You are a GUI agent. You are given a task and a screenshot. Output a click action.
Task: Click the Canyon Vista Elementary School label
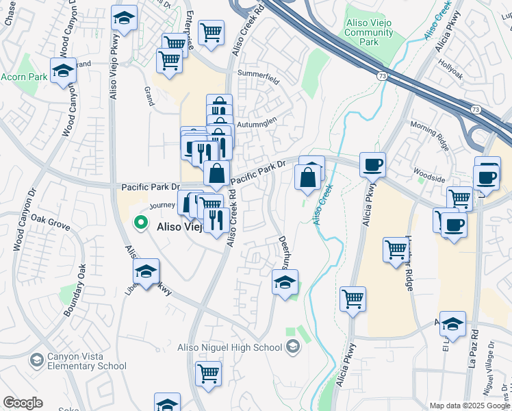pos(86,361)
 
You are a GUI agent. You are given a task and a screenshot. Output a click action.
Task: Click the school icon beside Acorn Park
pos(63,71)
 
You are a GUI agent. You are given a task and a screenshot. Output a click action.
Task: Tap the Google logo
pos(23,403)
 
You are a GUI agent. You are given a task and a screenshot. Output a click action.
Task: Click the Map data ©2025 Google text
pos(470,406)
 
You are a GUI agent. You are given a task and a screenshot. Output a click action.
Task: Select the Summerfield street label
pos(258,73)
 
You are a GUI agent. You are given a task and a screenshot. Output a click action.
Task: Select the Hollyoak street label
pos(452,71)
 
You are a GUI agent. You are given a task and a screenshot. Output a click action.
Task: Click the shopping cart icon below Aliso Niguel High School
pos(208,374)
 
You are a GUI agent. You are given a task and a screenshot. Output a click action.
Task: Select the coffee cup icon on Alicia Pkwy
pos(372,164)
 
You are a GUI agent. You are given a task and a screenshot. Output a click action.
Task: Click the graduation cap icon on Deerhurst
pos(285,282)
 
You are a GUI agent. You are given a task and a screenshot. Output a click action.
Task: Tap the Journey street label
pos(163,205)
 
